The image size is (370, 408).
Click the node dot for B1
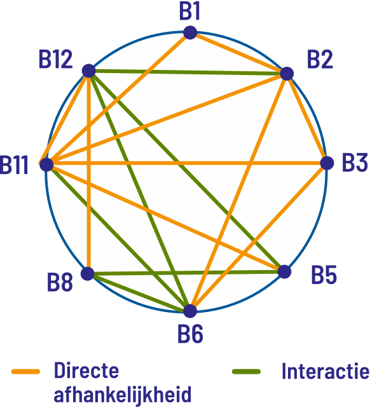pos(190,32)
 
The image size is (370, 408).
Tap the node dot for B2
pos(287,73)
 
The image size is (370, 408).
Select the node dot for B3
pos(327,163)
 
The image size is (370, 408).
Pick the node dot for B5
pos(284,271)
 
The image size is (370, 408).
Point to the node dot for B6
pos(190,311)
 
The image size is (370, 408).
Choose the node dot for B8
pos(88,273)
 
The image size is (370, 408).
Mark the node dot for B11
pos(46,165)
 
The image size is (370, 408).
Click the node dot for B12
pos(89,71)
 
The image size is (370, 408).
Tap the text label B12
pos(55,60)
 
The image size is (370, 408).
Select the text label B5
pos(324,275)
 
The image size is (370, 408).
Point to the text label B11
pos(14,165)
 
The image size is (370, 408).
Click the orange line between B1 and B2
pos(238,53)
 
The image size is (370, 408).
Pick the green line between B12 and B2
pos(188,72)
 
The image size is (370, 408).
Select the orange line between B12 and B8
pos(88,172)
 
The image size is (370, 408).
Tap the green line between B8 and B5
pos(186,273)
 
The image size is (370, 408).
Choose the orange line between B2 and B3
pos(306,118)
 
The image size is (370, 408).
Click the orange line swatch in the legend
pos(25,371)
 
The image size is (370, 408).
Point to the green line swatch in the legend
pos(246,372)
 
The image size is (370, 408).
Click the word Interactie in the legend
pos(325,371)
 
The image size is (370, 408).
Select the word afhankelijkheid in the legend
pos(122,395)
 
